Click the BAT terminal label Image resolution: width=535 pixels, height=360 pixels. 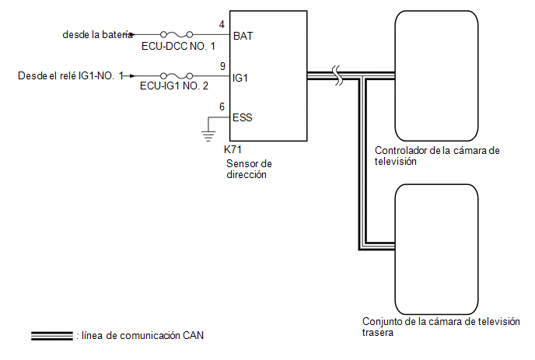tap(243, 36)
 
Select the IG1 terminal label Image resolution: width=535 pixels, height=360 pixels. tap(240, 78)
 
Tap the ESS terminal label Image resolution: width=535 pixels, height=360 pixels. tap(243, 117)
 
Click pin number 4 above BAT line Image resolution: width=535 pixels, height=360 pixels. tap(222, 25)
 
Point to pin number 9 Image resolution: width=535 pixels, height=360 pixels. tap(222, 66)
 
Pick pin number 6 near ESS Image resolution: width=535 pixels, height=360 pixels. tap(222, 107)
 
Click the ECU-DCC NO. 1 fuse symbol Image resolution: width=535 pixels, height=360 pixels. tap(177, 34)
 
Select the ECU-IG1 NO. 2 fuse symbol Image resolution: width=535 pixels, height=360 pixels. tap(177, 75)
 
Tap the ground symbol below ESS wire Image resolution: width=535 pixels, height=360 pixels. tap(208, 136)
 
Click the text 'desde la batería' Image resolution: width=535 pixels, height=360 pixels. tap(97, 34)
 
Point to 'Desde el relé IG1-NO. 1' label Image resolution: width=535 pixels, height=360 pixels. tap(70, 75)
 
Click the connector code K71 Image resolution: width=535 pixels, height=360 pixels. tap(233, 149)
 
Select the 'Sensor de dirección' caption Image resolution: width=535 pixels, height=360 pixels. tap(249, 169)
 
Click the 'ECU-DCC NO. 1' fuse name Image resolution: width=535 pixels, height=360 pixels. tap(178, 46)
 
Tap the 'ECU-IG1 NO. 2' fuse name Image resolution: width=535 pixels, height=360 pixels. tap(174, 86)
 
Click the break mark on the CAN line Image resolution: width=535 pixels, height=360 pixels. tap(337, 75)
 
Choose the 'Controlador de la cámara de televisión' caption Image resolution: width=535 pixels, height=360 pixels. tap(437, 156)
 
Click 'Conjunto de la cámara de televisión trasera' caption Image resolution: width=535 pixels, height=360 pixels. tap(441, 327)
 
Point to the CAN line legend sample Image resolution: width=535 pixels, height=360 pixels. tap(52, 336)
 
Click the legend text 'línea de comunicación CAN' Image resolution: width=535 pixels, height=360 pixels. tap(142, 335)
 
